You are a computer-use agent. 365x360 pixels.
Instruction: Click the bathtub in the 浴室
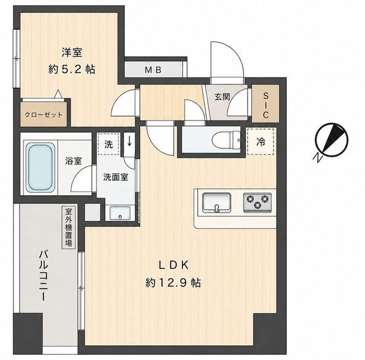click(x=39, y=167)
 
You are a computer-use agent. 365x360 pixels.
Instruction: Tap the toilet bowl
click(x=226, y=140)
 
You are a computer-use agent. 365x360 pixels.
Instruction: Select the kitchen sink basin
click(x=217, y=203)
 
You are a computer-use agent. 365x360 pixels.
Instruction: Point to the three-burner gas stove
click(x=257, y=203)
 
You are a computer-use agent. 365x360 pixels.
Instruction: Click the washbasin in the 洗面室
click(x=120, y=213)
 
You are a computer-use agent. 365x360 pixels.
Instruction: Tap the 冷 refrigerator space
click(x=261, y=141)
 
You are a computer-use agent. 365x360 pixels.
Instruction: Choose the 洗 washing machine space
click(x=108, y=144)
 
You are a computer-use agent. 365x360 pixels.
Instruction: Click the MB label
click(x=153, y=70)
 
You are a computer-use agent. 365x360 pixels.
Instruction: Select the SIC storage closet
click(x=266, y=104)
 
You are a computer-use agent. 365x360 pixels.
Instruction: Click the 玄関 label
click(x=222, y=96)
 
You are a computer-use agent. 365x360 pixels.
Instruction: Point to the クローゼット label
click(x=43, y=115)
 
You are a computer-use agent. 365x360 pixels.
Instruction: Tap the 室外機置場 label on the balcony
click(x=68, y=227)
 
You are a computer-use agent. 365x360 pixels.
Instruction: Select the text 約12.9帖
click(x=173, y=282)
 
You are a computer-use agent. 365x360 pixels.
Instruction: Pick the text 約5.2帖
click(x=72, y=69)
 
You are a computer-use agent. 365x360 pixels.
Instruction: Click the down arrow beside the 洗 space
click(x=129, y=141)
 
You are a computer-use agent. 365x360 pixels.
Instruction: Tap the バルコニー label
click(x=44, y=275)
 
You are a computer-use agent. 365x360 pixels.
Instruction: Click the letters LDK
click(x=173, y=265)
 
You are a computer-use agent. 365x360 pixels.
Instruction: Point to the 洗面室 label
click(x=116, y=177)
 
